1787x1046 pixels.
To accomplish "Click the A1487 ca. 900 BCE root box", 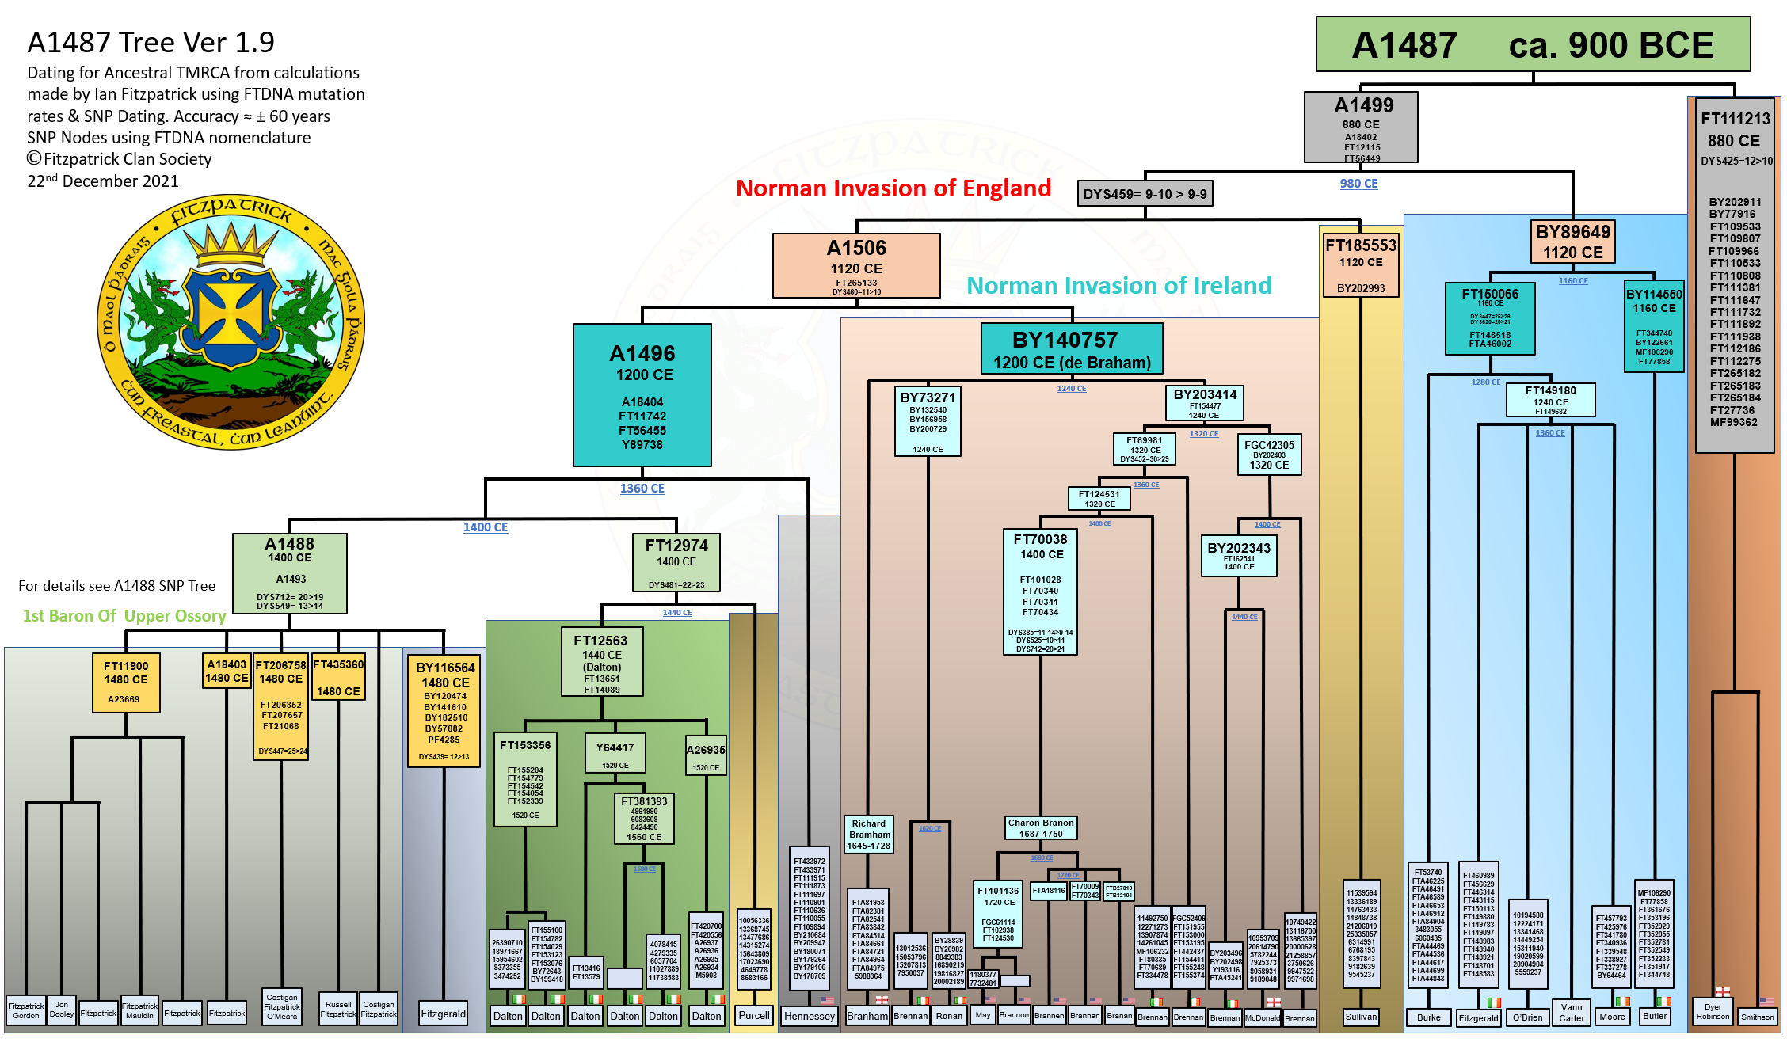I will pos(1533,45).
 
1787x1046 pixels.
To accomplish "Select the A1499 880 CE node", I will pos(1361,127).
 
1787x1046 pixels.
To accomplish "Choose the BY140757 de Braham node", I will pos(1072,348).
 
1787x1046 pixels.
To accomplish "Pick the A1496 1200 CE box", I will pos(642,395).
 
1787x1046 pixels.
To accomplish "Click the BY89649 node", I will pos(1572,242).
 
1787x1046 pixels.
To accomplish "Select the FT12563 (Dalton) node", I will pos(601,662).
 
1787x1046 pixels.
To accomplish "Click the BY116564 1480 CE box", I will pos(444,709).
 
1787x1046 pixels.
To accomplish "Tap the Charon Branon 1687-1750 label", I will pos(1041,828).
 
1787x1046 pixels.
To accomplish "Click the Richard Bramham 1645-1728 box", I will pos(869,835).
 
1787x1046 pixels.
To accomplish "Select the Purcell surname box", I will pos(753,1016).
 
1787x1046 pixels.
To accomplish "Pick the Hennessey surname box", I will pos(809,1017).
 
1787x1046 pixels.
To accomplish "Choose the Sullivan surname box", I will pos(1361,1017).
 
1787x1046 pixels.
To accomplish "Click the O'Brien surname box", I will pos(1527,1017).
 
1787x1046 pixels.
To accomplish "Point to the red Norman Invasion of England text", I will pos(893,188).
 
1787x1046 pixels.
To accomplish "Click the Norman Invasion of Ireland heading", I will pos(1118,285).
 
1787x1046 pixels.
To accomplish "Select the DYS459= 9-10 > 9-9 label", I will pos(1145,194).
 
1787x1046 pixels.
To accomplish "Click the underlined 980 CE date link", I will pos(1358,184).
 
